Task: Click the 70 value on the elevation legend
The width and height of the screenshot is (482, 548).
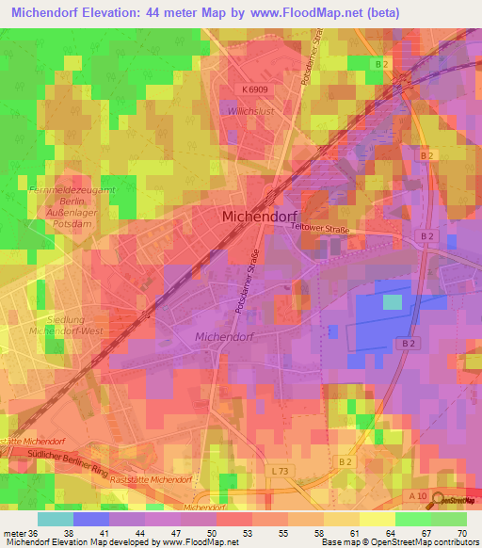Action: click(461, 532)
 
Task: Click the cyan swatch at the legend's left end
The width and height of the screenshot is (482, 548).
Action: click(56, 519)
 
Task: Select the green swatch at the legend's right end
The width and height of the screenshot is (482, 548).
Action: click(449, 519)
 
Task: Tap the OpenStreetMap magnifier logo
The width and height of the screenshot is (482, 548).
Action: click(440, 501)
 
